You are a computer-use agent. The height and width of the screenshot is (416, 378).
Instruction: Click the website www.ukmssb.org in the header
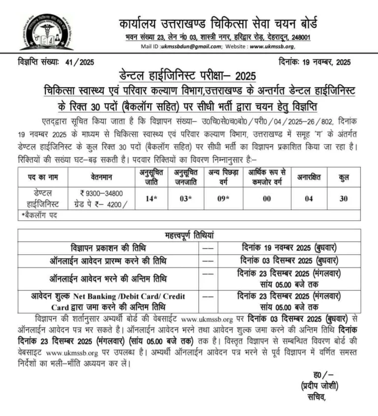click(x=272, y=47)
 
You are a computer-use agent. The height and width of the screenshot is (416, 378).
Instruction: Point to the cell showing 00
click(x=266, y=199)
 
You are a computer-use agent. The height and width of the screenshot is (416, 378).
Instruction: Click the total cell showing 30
click(x=344, y=199)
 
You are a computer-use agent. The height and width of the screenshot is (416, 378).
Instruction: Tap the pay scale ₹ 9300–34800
click(x=102, y=193)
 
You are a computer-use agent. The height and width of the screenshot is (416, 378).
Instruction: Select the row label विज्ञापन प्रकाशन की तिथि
click(x=109, y=247)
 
